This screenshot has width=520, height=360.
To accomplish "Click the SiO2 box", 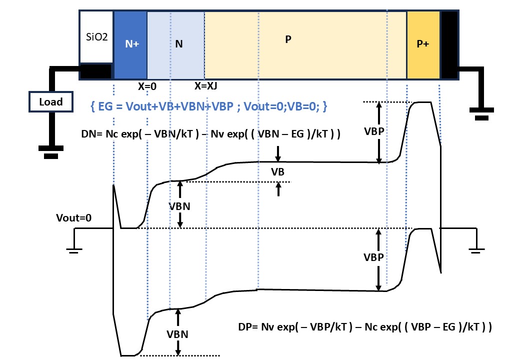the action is (x=96, y=37).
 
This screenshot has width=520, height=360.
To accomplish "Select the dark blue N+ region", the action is (x=130, y=45).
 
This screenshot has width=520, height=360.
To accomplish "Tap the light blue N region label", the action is (x=179, y=44).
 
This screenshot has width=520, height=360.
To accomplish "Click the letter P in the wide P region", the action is (x=288, y=39).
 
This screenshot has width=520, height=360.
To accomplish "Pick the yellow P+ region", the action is (x=423, y=45).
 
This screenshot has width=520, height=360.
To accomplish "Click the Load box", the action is (x=50, y=102).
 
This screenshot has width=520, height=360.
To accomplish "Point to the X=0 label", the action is (x=147, y=86).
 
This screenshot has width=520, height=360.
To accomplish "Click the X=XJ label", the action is (x=205, y=86).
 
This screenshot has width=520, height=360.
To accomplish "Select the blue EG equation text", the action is (x=209, y=106).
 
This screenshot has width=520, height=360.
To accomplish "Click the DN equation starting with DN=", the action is (x=211, y=134).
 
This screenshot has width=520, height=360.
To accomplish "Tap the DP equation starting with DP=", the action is (x=365, y=327).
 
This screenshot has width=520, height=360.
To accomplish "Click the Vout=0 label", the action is (x=73, y=218).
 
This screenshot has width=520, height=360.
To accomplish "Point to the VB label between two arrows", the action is (x=277, y=171).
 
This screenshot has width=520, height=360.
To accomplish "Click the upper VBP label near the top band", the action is (x=374, y=131).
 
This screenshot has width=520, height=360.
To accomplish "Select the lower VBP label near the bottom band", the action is (x=373, y=257).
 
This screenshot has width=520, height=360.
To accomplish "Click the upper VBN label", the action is (x=179, y=206).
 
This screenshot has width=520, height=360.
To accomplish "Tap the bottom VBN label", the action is (x=177, y=334).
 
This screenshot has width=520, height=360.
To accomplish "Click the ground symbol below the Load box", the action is (x=51, y=152).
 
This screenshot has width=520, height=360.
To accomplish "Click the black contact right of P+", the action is (x=449, y=45).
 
